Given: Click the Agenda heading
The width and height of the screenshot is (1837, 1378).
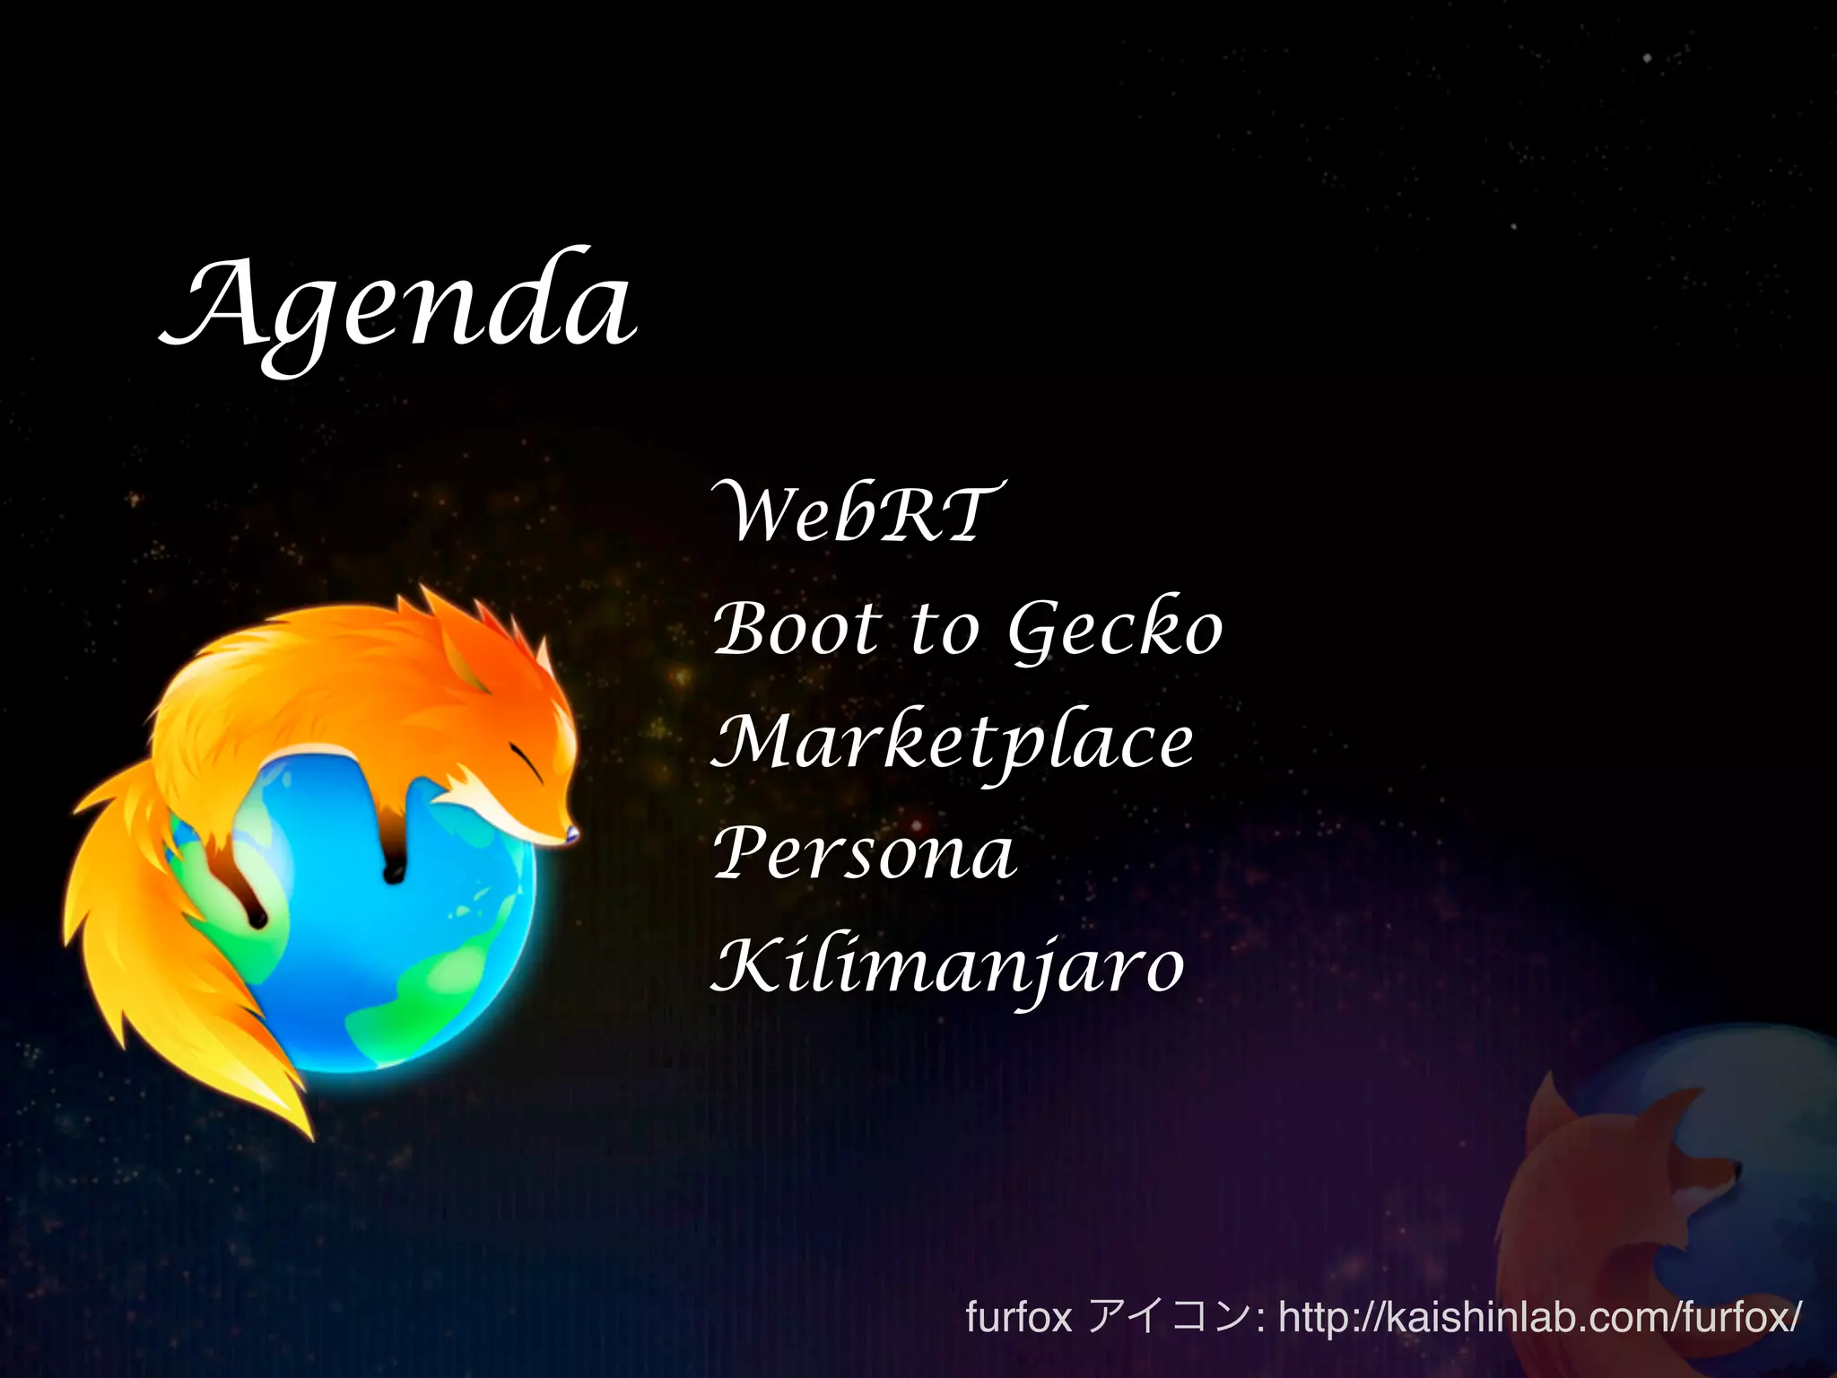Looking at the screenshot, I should tap(399, 305).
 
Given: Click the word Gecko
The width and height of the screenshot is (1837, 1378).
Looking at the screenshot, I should tap(1115, 629).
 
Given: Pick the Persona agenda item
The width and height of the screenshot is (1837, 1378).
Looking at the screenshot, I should tap(865, 854).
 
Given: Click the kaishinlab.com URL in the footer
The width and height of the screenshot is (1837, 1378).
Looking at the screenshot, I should tap(1537, 1318).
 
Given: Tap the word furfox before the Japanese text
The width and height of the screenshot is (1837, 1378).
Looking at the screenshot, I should tap(1018, 1318).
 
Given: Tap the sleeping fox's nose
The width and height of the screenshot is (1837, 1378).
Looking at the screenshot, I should tap(571, 835).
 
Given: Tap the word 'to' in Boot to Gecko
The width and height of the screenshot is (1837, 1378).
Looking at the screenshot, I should tap(944, 629).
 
